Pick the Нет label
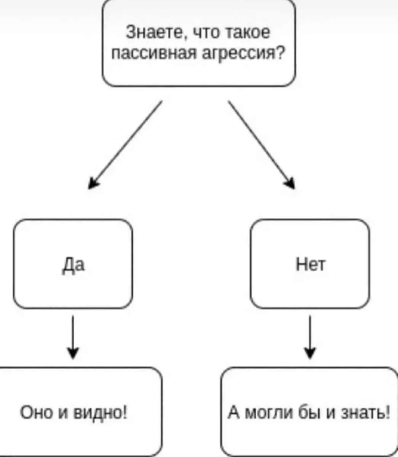(310, 264)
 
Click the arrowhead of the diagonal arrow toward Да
(93, 184)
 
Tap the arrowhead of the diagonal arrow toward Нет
(291, 184)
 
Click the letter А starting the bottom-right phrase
(233, 412)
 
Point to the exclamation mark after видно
(125, 412)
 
